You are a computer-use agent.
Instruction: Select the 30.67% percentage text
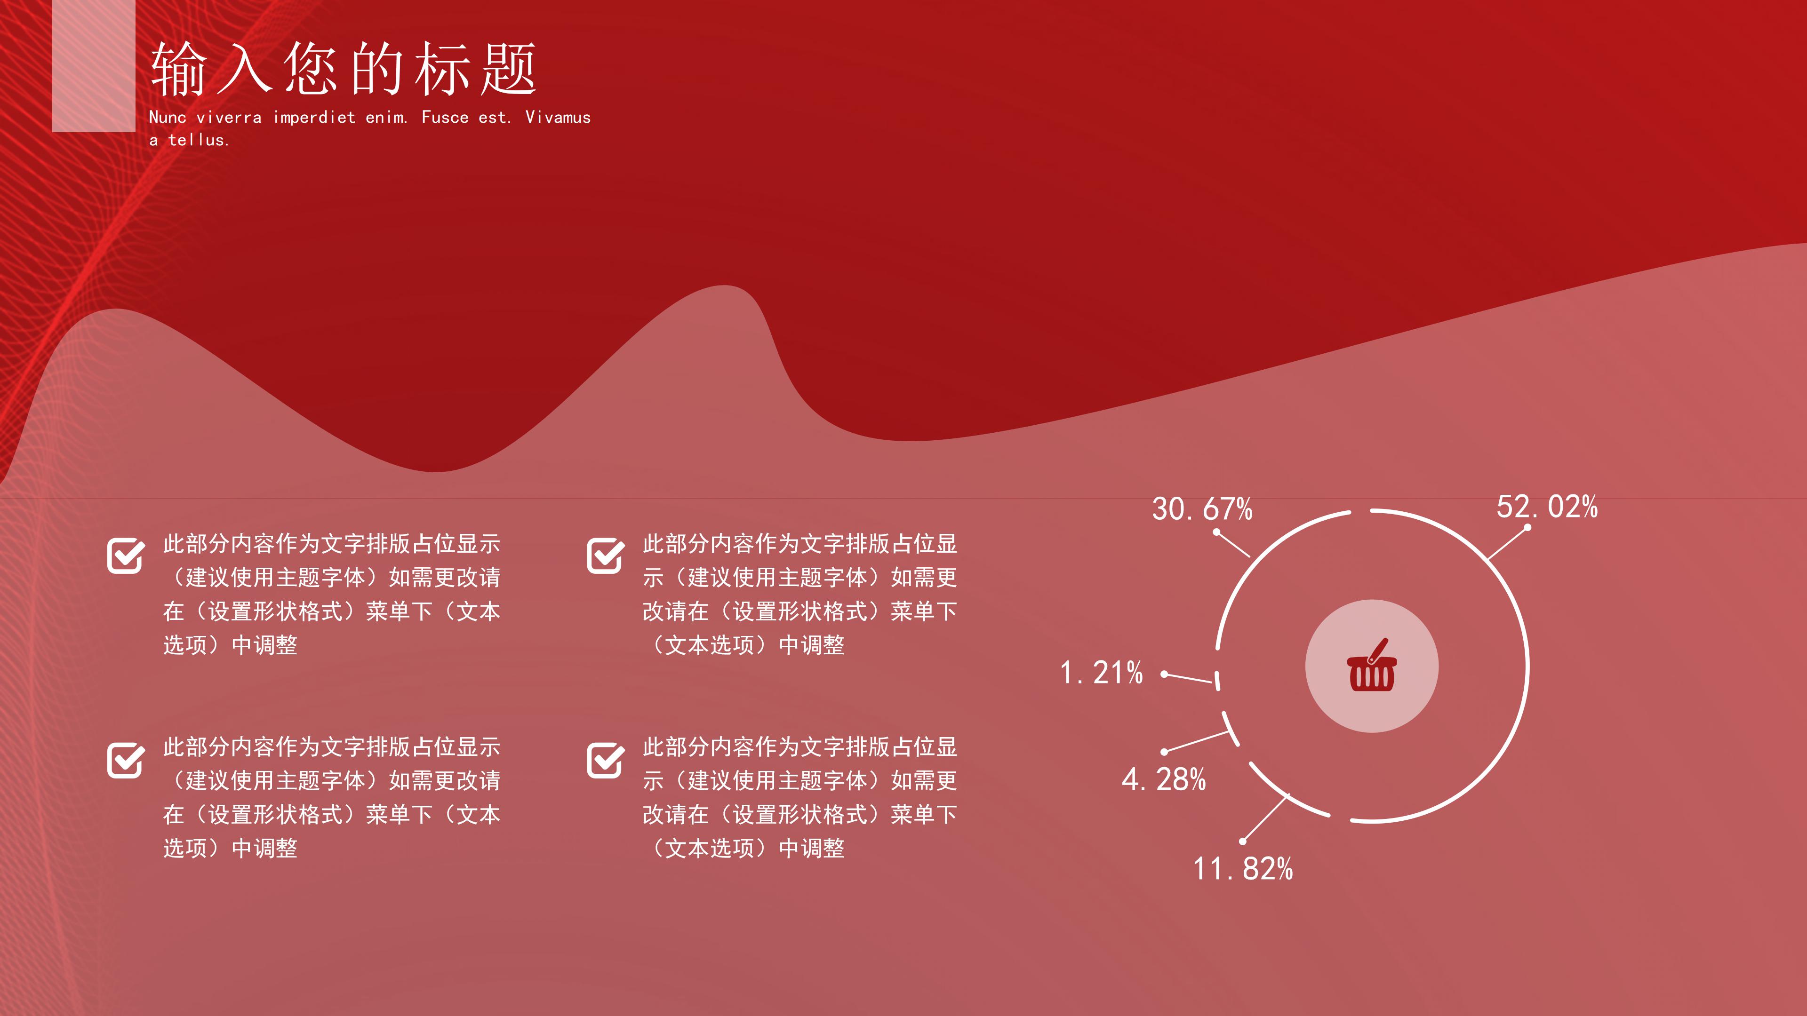coord(1202,509)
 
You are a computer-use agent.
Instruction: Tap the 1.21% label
coord(1101,673)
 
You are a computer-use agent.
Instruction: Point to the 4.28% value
coord(1164,780)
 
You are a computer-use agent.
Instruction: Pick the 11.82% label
coord(1243,869)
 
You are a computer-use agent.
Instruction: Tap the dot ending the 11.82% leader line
coord(1242,841)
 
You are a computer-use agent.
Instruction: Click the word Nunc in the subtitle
coord(168,118)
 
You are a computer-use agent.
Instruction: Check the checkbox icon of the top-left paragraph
coord(126,556)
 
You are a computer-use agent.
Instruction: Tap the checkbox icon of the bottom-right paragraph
coord(605,760)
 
